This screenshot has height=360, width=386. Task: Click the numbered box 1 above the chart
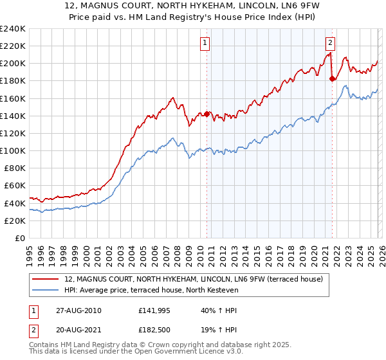[205, 43]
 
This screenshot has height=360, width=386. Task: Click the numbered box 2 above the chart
[330, 43]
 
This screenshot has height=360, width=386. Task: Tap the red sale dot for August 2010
[207, 114]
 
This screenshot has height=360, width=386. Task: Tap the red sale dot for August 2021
[332, 79]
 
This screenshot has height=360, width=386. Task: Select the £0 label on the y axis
[21, 238]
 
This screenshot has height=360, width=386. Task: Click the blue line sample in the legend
[46, 290]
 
